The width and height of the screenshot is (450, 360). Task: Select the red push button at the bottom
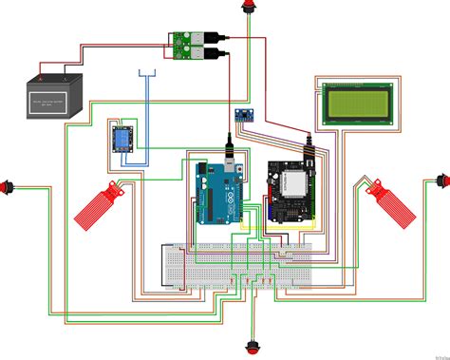[x=253, y=346]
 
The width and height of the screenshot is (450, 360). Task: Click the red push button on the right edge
[x=441, y=180]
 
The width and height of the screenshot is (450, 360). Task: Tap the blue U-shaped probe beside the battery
[x=147, y=76]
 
